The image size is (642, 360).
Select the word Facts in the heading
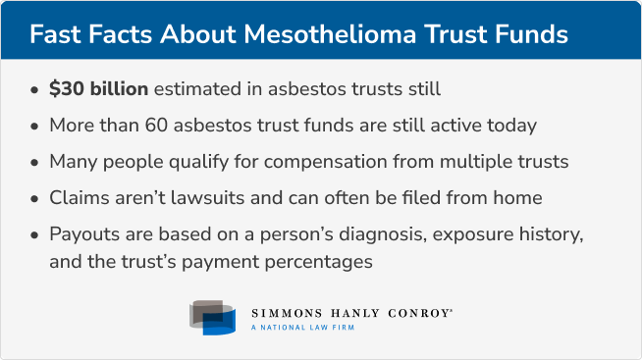tap(126, 33)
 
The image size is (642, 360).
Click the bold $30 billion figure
tap(99, 89)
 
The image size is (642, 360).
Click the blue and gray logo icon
tap(213, 317)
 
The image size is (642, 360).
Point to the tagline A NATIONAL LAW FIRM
tap(302, 328)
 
